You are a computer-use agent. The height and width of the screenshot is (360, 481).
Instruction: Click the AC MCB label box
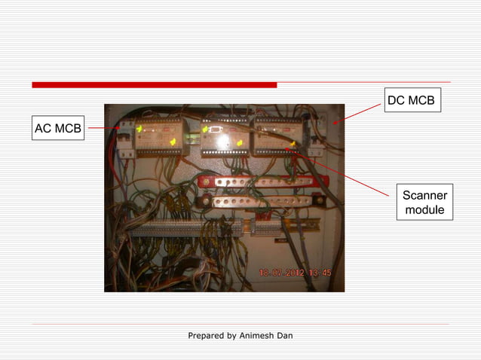(x=57, y=129)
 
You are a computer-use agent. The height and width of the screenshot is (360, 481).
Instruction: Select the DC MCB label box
(x=411, y=101)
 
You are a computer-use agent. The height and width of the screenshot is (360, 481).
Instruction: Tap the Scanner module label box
(x=424, y=203)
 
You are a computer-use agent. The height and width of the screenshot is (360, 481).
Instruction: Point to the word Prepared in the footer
(x=206, y=335)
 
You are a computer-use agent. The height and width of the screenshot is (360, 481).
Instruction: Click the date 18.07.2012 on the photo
(x=281, y=273)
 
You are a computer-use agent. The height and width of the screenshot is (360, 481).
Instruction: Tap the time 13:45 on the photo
(x=324, y=273)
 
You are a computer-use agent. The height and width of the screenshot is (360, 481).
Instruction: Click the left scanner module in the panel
(x=161, y=136)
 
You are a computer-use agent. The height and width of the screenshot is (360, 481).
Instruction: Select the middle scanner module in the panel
(x=225, y=136)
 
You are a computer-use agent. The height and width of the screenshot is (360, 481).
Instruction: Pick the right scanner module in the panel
(x=278, y=136)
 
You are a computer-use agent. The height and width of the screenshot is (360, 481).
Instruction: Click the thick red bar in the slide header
(x=154, y=84)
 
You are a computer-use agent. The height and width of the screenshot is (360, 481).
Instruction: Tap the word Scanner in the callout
(x=424, y=196)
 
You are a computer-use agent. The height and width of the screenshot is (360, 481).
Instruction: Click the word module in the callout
(x=424, y=210)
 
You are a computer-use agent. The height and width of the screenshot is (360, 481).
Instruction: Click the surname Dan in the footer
(x=284, y=335)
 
